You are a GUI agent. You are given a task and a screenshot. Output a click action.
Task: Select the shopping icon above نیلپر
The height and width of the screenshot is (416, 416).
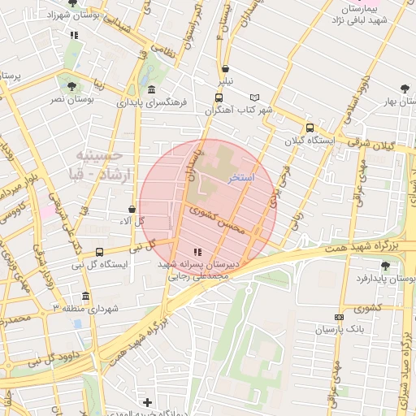(x=225, y=69)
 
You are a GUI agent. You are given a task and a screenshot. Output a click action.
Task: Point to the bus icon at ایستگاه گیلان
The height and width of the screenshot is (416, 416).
(x=309, y=128)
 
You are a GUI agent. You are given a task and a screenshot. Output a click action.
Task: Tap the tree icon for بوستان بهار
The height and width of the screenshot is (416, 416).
(x=405, y=89)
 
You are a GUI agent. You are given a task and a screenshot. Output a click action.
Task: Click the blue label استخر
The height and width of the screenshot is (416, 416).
(x=242, y=176)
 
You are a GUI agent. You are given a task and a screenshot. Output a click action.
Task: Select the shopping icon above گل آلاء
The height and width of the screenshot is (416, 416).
(x=132, y=210)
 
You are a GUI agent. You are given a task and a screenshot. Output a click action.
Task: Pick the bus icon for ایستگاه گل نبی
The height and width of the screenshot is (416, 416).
(x=99, y=252)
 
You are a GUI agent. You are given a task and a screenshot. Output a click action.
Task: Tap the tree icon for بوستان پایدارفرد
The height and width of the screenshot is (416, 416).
(x=385, y=266)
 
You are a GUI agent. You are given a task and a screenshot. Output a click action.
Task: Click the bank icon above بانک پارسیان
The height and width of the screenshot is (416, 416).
(x=339, y=317)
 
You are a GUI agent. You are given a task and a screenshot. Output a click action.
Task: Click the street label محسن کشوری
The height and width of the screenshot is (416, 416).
(x=216, y=219)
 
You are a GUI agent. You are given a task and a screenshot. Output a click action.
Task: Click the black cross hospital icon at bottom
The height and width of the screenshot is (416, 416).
(x=147, y=402)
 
